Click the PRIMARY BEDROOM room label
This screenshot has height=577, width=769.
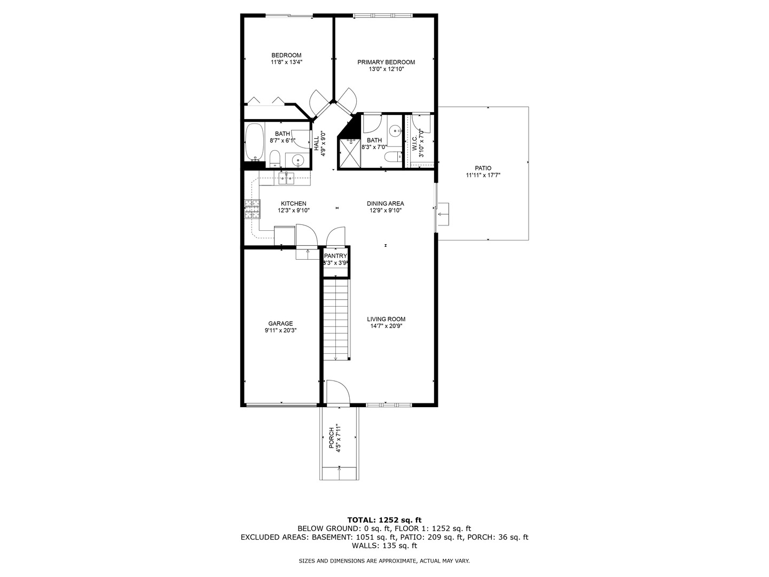pos(386,62)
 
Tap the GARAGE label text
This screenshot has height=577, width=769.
pos(280,323)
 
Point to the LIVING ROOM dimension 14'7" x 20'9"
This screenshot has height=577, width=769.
pos(386,326)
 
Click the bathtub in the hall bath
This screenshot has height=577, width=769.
pos(254,142)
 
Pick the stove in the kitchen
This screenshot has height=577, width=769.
pos(253,209)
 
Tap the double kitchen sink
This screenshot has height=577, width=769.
pos(287,178)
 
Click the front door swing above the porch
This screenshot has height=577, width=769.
pos(338,393)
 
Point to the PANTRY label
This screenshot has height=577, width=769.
pos(335,256)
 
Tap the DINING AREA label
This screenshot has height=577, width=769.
pos(385,204)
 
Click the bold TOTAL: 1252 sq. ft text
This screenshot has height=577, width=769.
pos(384,519)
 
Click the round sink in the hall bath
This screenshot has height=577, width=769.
pos(298,159)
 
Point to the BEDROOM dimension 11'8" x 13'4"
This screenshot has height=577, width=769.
pos(286,62)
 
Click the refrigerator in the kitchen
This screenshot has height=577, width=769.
pos(284,235)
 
